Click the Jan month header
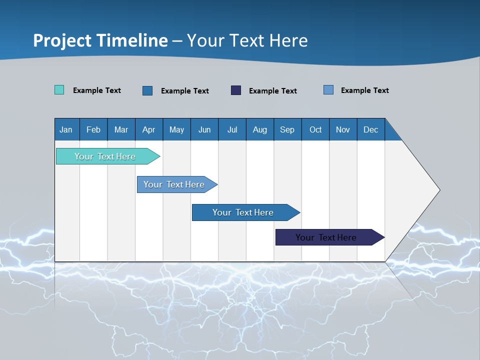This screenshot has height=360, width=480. [66, 129]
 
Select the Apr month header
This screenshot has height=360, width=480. [148, 129]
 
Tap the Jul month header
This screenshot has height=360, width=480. [232, 129]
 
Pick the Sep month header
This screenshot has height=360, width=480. [287, 129]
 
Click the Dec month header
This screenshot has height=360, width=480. [370, 129]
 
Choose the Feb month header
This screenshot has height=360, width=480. [93, 129]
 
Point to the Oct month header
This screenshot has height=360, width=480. [315, 129]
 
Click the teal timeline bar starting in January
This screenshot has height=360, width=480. [105, 156]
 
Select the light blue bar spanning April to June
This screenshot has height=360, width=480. [174, 184]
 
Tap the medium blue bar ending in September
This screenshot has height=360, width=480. [243, 212]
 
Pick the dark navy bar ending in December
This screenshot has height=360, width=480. [326, 237]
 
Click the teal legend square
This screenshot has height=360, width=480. [59, 90]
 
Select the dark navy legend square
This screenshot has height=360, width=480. [236, 90]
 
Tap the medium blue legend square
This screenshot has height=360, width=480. [147, 90]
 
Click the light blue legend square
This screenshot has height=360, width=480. [328, 90]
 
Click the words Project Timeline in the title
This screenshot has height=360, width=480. [100, 40]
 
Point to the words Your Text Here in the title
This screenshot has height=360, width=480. [247, 40]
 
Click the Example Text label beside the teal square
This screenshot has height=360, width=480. [97, 90]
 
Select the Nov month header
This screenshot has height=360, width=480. [343, 129]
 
